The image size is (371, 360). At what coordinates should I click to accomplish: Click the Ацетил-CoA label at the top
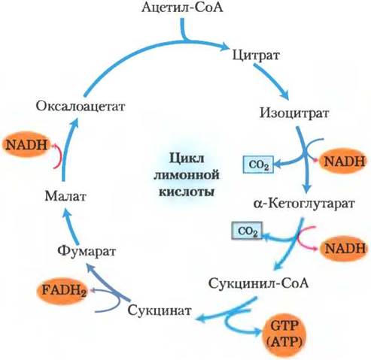182,8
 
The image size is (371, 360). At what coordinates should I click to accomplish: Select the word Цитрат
256,56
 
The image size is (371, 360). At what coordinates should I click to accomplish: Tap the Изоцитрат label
294,113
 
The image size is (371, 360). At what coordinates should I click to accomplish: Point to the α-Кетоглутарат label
304,203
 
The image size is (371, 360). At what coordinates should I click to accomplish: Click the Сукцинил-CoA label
258,283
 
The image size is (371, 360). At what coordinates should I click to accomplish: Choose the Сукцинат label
160,310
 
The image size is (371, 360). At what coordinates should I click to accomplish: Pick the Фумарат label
87,251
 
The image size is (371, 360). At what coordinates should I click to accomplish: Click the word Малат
65,196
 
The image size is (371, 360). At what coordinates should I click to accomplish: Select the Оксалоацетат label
81,106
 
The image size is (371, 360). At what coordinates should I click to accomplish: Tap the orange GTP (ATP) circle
284,333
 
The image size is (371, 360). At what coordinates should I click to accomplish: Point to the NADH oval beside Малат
27,144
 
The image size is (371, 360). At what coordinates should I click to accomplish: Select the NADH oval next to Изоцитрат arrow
344,162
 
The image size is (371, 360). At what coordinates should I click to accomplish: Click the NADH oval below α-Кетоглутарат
345,249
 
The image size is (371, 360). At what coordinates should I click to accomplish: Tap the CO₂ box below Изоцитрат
258,165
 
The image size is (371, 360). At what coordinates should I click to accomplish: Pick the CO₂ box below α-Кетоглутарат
247,231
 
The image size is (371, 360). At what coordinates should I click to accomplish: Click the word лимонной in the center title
187,175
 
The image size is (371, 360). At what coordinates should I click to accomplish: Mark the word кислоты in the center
187,192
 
